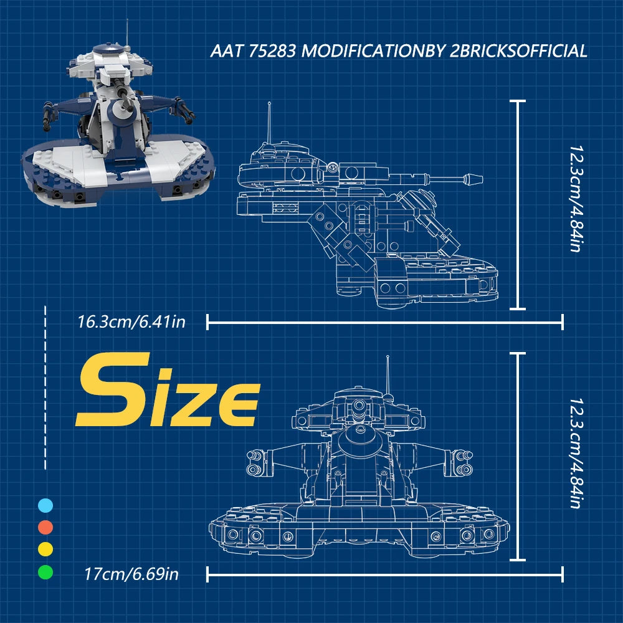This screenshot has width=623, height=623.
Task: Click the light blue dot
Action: [45, 505]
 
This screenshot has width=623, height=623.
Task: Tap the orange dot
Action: [45, 527]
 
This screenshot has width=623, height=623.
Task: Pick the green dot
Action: [45, 572]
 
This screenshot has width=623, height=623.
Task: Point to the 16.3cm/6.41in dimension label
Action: [131, 322]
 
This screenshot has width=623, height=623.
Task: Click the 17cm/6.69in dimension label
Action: [131, 574]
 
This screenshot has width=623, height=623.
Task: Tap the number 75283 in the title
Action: [273, 51]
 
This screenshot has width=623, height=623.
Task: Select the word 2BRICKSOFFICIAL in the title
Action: [518, 51]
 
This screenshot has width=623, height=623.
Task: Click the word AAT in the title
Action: [227, 51]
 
